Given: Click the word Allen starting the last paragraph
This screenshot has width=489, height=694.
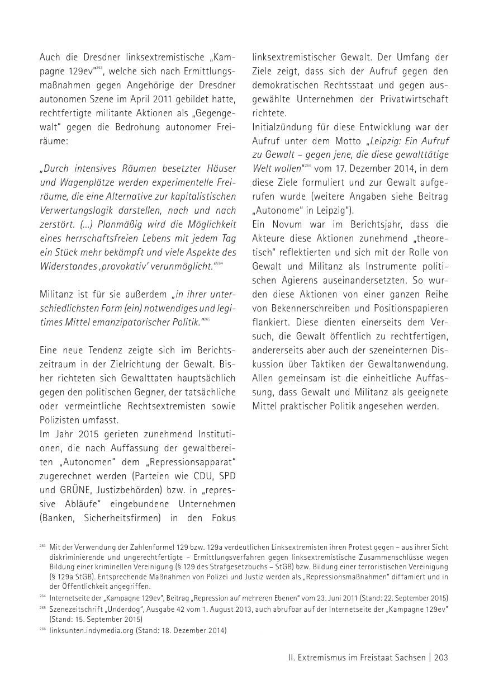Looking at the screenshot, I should (x=265, y=378).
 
